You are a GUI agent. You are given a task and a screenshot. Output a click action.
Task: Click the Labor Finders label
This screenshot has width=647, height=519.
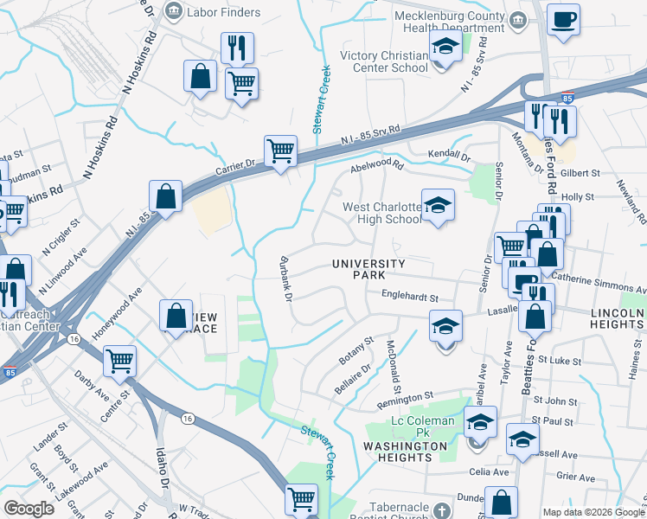223,12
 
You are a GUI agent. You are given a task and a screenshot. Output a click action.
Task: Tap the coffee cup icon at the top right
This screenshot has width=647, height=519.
563,20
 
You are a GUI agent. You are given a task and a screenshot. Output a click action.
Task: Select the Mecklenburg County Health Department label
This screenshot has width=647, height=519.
448,22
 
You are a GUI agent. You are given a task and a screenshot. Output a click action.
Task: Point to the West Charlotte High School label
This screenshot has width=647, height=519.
382,213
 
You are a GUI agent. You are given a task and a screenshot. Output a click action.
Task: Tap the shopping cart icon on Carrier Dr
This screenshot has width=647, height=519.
280,151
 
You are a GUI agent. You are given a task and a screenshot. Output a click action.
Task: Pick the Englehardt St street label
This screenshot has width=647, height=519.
411,298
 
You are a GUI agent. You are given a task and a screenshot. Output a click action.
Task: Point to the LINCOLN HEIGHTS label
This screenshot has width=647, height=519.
618,317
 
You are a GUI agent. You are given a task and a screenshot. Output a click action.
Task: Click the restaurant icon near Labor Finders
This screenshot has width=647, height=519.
237,47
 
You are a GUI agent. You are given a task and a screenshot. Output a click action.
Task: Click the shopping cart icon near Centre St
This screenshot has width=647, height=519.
120,362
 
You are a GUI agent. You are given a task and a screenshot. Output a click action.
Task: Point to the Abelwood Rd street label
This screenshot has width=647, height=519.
377,165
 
